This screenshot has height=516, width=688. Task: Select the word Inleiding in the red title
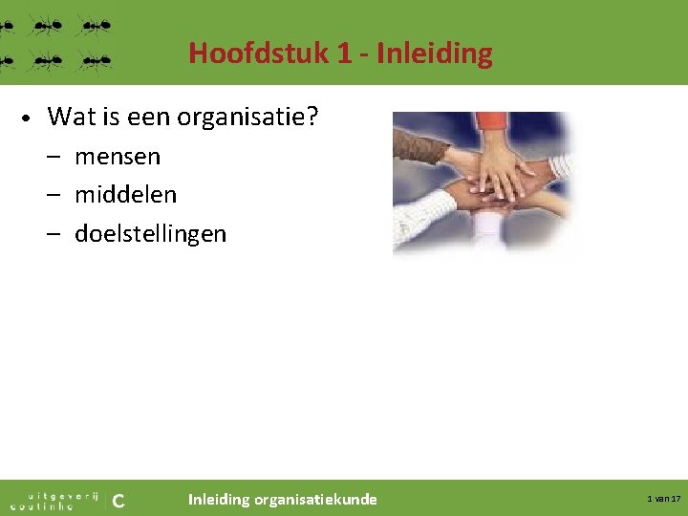[x=435, y=53]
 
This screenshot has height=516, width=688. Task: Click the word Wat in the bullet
[x=68, y=117]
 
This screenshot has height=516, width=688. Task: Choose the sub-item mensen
[x=118, y=156]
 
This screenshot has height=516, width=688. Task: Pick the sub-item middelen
[x=125, y=195]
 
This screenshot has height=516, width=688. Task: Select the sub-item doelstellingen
[x=150, y=234]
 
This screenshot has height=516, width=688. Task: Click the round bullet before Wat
[x=28, y=118]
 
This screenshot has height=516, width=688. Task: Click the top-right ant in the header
[x=94, y=25]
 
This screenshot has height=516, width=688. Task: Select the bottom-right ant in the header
[x=94, y=61]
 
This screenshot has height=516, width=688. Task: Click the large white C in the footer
[x=118, y=499]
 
